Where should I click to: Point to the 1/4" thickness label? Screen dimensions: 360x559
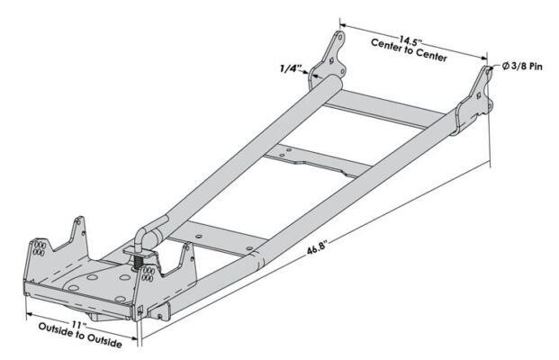pyautogui.click(x=291, y=67)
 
